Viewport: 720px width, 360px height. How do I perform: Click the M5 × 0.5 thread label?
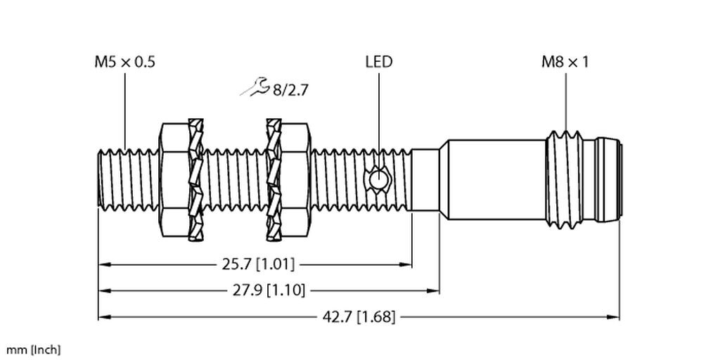click(x=125, y=62)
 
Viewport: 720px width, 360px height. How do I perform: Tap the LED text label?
click(x=378, y=62)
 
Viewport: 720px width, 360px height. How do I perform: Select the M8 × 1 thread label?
click(x=565, y=62)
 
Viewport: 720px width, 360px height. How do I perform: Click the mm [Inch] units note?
click(x=33, y=349)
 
